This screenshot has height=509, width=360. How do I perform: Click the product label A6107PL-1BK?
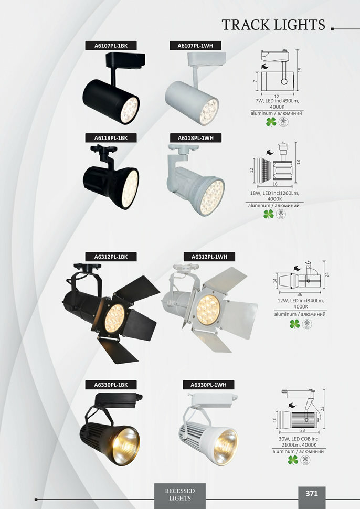point(111,46)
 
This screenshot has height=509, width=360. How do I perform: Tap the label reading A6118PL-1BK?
point(111,138)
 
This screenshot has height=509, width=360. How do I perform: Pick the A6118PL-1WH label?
point(195,138)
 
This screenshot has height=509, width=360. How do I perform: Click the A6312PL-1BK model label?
point(111,257)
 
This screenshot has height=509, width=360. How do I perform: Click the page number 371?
point(312,493)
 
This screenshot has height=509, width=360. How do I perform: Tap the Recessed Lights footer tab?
point(179,494)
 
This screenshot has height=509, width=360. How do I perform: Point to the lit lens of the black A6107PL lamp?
point(129,110)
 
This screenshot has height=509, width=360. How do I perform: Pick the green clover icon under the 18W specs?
point(269,214)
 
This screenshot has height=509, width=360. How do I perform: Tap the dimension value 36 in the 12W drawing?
point(301,294)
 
